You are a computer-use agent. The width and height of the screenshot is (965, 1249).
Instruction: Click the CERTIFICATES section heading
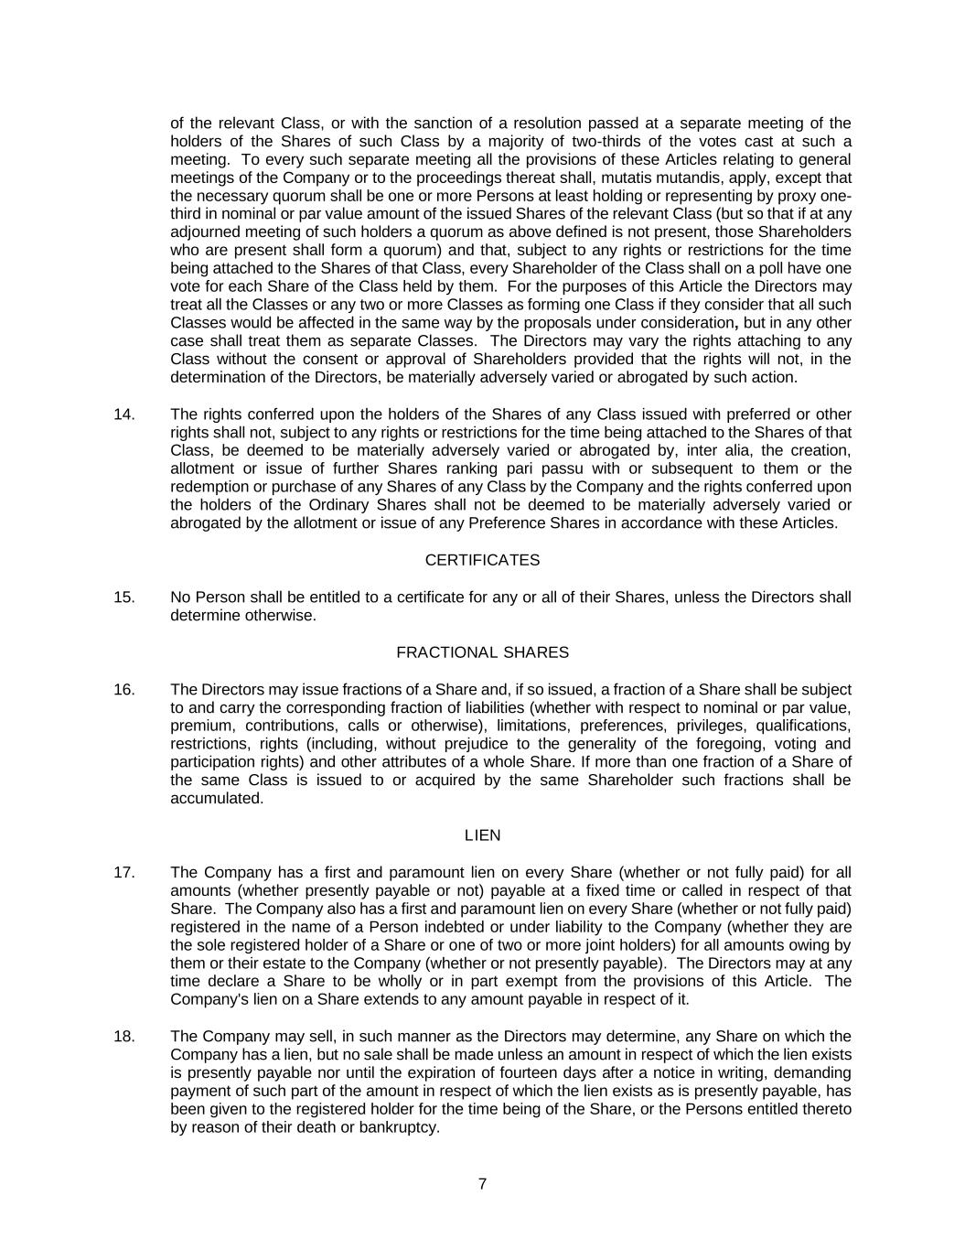[482, 560]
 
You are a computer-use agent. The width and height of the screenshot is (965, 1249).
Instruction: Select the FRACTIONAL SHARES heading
[482, 652]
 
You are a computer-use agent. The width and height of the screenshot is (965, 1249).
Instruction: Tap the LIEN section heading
[482, 835]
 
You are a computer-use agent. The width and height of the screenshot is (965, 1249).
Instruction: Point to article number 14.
[124, 415]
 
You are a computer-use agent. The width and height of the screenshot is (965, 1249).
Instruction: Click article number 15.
[124, 598]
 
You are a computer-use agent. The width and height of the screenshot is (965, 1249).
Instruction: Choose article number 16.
[124, 690]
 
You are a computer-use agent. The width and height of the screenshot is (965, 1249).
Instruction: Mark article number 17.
[124, 873]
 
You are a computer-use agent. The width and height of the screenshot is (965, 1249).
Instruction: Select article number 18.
[124, 1037]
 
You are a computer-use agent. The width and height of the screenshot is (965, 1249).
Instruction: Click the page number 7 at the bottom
[482, 1184]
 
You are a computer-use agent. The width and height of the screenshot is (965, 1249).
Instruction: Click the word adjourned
[205, 231]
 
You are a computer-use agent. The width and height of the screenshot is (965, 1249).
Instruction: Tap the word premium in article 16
[199, 726]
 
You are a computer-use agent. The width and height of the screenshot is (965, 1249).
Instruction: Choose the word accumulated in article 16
[216, 798]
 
